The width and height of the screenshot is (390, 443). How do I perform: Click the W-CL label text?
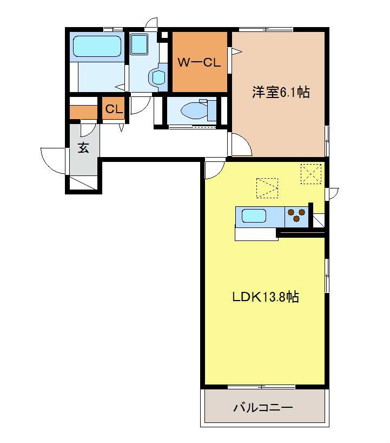click(199, 62)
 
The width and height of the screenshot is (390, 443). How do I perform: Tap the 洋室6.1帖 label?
click(281, 92)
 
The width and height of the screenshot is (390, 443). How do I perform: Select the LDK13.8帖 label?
click(265, 297)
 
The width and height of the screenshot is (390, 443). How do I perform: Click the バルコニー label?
click(263, 407)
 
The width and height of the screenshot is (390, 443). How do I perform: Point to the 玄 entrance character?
click(83, 147)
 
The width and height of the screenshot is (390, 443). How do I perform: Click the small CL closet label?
click(114, 109)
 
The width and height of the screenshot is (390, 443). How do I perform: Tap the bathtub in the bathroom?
click(97, 47)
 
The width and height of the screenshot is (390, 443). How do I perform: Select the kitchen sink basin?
click(254, 216)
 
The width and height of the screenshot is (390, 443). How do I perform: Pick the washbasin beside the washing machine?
click(158, 76)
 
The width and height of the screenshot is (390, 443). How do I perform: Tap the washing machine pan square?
click(139, 44)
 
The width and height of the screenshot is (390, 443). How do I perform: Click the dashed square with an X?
click(311, 174)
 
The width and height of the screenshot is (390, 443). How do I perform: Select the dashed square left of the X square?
click(267, 188)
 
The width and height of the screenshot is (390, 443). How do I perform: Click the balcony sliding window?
click(261, 387)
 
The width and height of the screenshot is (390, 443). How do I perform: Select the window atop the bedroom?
click(266, 29)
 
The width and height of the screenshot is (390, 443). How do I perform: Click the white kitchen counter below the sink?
click(256, 234)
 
